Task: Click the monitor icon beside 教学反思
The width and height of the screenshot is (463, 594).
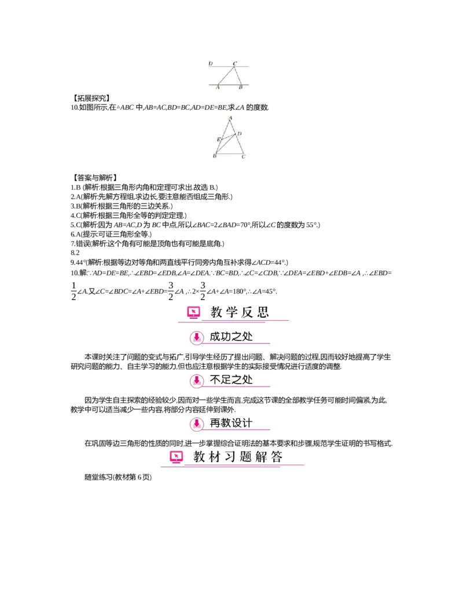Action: coord(193,313)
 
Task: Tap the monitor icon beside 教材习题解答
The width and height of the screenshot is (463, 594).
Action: coord(176,457)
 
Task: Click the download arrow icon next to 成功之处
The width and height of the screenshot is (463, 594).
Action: coord(197,337)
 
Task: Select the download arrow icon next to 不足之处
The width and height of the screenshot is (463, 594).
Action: coord(197,380)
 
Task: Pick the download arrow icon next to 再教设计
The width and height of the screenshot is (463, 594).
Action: coord(197,424)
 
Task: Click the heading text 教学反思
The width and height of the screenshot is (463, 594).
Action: coord(240,313)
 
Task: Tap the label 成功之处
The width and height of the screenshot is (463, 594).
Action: coord(231,337)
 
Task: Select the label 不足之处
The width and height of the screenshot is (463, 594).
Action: coord(231,380)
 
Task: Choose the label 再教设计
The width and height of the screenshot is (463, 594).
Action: coord(231,424)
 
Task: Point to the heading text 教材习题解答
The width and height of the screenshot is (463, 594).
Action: coord(238,457)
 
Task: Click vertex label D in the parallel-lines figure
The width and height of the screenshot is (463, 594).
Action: coord(210,62)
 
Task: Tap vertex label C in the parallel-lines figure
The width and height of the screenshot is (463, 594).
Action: coord(234,62)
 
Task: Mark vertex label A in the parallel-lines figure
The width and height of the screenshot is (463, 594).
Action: coord(218,88)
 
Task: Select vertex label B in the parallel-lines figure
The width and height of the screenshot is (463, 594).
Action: coord(240,88)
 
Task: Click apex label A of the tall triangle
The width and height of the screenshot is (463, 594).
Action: coord(230,118)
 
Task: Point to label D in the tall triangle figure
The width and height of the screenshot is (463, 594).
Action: coord(239,133)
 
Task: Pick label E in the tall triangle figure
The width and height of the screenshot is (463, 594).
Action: coord(218,140)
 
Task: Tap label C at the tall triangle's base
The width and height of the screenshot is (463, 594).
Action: coord(243,156)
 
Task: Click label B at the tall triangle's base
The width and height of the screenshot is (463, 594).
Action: coord(215,156)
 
